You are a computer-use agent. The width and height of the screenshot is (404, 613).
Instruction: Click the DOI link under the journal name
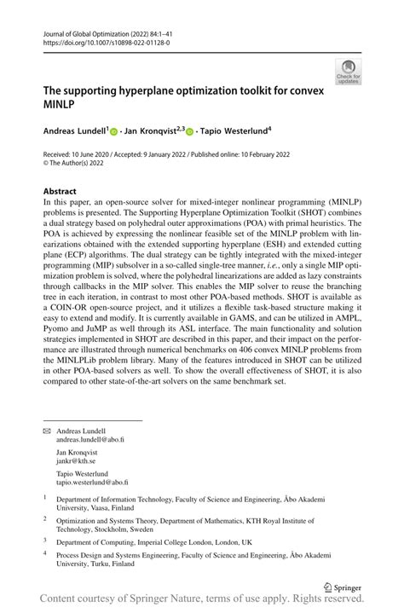point(101,42)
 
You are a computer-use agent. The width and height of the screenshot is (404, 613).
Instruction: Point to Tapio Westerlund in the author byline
point(234,131)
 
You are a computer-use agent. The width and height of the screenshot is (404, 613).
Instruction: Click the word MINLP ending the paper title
point(61,103)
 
